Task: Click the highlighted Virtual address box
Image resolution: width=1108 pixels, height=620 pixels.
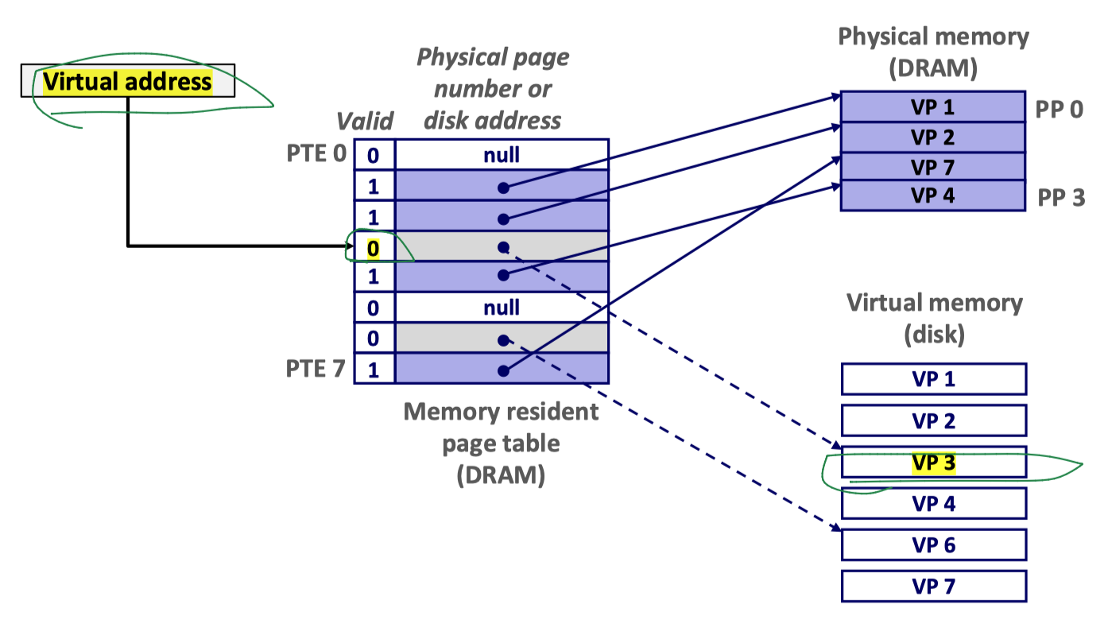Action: (x=127, y=81)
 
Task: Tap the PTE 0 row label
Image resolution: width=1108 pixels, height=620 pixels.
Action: (x=316, y=153)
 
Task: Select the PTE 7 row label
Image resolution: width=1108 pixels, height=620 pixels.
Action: (x=316, y=369)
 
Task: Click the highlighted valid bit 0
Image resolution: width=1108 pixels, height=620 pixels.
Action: (x=374, y=248)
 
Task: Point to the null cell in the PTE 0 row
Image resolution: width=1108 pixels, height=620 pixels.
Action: (x=502, y=154)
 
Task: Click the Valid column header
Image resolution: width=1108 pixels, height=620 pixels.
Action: (x=365, y=121)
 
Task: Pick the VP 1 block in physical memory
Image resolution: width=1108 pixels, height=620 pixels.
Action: (x=932, y=107)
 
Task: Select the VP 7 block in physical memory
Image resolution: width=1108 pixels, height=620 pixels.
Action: (x=932, y=166)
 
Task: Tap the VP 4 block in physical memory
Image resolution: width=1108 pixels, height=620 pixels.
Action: (x=932, y=196)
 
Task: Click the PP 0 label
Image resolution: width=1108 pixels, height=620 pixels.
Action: (x=1060, y=109)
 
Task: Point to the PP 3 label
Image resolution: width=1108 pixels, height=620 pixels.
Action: (x=1061, y=197)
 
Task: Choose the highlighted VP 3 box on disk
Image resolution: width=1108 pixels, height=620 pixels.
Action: (x=933, y=463)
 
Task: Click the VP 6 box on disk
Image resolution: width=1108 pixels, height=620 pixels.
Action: (x=933, y=545)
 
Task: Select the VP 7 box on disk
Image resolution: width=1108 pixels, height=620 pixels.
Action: (x=933, y=587)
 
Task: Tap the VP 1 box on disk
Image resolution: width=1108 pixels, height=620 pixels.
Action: (x=933, y=379)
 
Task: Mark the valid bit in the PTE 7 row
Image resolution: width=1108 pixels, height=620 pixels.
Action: (x=374, y=369)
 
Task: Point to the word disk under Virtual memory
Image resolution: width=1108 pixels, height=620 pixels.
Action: (x=934, y=334)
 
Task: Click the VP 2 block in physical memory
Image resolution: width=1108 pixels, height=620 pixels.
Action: (x=932, y=137)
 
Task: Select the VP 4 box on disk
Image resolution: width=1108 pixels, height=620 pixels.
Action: (x=933, y=503)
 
